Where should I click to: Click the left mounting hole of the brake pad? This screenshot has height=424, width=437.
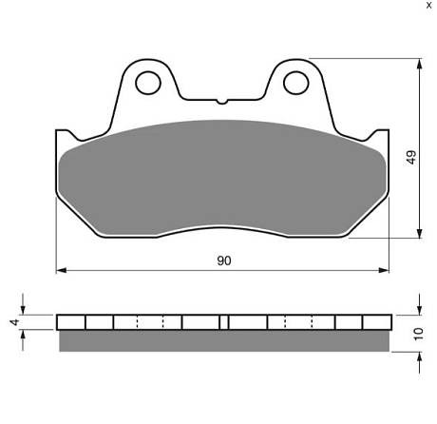(148, 83)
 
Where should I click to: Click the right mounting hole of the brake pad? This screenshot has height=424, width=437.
(295, 83)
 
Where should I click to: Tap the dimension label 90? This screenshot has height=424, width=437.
(224, 260)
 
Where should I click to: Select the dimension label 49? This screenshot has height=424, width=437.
(411, 157)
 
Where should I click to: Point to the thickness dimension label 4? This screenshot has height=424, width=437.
(14, 322)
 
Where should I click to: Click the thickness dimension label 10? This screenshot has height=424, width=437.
(418, 334)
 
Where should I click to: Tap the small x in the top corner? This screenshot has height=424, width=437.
(429, 5)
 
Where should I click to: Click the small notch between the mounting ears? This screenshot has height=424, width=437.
(222, 102)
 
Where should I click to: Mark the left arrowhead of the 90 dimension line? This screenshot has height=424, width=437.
(61, 270)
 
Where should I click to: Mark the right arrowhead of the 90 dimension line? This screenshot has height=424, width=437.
(384, 270)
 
